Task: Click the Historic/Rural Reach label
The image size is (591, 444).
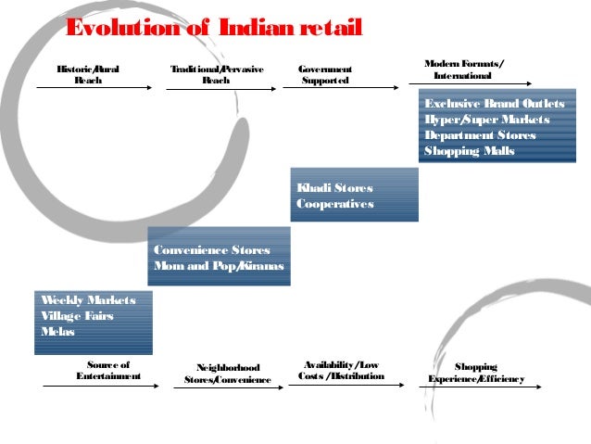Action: point(88,75)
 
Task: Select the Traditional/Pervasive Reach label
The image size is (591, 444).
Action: point(216,75)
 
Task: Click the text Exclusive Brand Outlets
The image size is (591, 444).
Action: point(494,104)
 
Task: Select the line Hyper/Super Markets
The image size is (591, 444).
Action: point(486,120)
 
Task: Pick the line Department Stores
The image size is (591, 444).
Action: point(480,135)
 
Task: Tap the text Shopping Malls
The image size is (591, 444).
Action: point(470,151)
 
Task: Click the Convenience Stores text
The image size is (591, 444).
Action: point(211,251)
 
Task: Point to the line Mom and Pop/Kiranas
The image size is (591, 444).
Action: point(218,267)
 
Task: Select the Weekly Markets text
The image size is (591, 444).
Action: point(88,300)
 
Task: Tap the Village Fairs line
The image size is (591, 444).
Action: point(77,316)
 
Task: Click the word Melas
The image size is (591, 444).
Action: point(57,332)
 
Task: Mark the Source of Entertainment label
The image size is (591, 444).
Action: point(108,371)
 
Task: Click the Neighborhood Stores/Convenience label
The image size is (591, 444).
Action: point(228,374)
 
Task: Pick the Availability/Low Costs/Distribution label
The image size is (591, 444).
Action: point(342,371)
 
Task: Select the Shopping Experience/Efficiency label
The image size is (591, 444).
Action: point(476,374)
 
